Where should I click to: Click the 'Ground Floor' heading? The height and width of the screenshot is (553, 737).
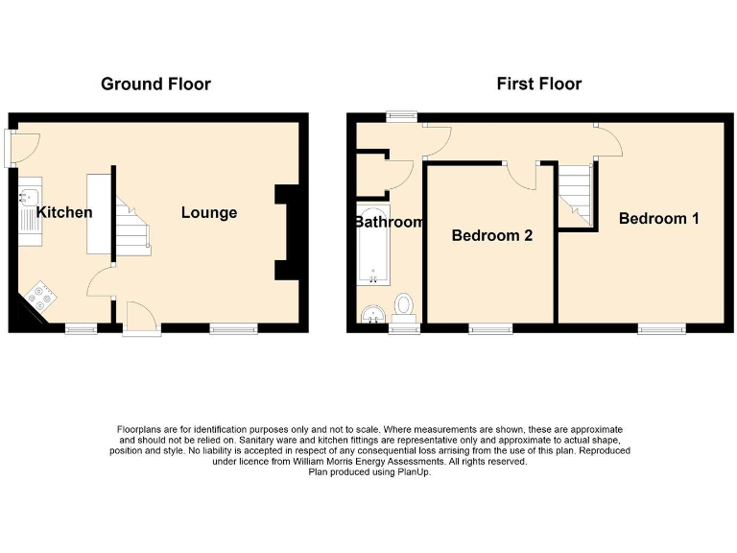click(x=155, y=84)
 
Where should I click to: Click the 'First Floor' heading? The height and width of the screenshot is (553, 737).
click(x=538, y=84)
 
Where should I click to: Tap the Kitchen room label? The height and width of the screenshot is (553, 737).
click(x=64, y=212)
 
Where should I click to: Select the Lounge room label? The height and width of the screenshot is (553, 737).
click(x=209, y=212)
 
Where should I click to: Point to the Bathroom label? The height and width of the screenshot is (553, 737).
click(x=389, y=222)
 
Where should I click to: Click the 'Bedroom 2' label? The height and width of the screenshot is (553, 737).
click(x=491, y=235)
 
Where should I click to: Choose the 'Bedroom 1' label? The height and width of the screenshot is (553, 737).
click(x=658, y=218)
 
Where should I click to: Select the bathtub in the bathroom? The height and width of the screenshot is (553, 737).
click(x=372, y=245)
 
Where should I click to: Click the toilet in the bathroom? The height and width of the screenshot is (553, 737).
click(x=405, y=306)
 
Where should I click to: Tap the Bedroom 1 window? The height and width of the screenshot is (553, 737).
click(x=661, y=328)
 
